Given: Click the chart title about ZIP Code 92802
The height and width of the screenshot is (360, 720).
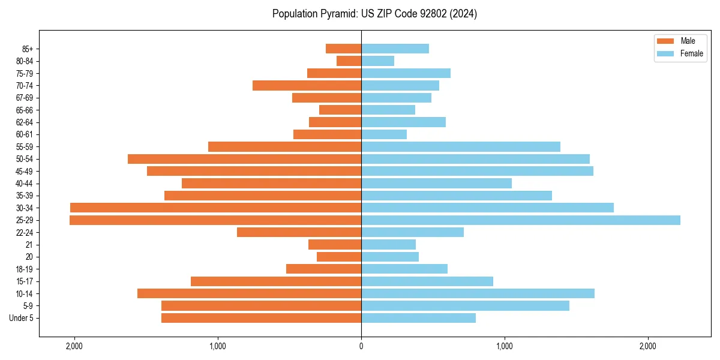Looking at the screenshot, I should point(374,14).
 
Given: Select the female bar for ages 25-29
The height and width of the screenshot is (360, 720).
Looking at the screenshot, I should point(521,220).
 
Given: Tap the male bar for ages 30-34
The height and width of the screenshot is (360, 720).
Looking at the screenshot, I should point(215,208).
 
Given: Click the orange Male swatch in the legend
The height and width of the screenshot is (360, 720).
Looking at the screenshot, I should point(665,41).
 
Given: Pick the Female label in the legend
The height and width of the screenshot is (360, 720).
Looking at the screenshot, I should point(692,53).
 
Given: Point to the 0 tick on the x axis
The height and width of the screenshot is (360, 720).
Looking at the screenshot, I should point(361,346).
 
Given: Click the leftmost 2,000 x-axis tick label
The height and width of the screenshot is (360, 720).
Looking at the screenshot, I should point(74,346).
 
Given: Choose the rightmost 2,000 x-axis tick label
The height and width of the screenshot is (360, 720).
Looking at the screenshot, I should point(648,346).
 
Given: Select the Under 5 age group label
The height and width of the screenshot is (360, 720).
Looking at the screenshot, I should point(22,318).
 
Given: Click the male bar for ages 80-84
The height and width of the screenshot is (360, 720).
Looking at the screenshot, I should point(349,61).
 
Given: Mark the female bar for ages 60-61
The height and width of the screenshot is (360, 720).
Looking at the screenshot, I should point(384,134).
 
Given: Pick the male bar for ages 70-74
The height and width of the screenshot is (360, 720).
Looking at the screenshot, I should point(307,85).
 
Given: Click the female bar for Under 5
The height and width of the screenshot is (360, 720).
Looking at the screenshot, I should point(418,318).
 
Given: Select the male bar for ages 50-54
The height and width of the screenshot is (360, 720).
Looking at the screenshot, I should point(244,159).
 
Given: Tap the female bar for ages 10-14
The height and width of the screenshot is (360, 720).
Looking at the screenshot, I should point(478,293).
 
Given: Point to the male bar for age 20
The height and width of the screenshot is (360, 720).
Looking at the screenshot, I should point(339,257).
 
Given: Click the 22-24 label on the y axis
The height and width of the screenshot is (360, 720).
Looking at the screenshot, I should point(25,232).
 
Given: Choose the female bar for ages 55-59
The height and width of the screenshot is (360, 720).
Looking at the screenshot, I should point(461,146).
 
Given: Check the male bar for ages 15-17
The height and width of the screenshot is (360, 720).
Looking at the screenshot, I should point(276,281).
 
